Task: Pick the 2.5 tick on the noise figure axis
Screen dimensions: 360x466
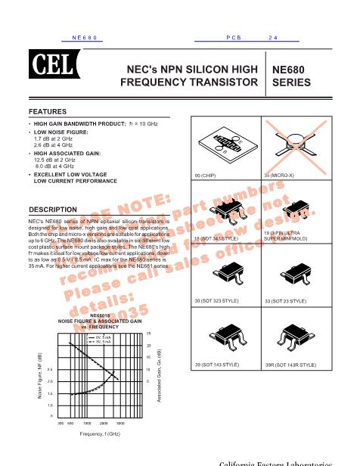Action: (51, 369)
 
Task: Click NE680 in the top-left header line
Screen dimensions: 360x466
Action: (86, 37)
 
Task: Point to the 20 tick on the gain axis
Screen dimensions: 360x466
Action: (149, 345)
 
